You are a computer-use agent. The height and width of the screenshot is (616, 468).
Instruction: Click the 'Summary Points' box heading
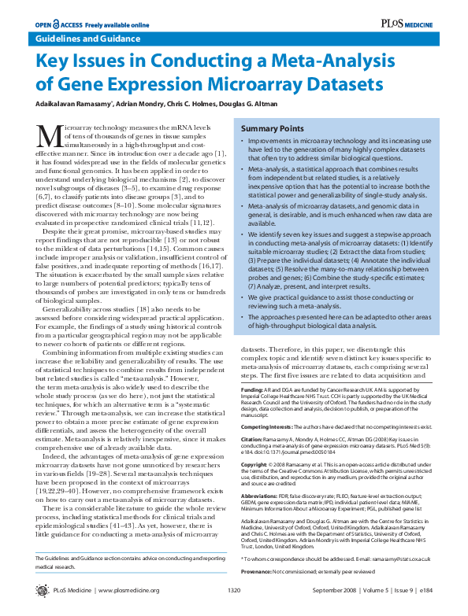point(272,127)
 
